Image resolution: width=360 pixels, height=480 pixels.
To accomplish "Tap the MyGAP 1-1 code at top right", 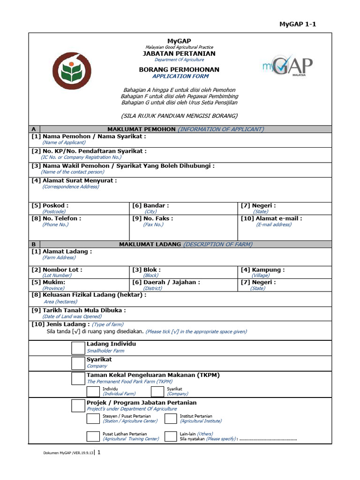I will pos(298,24).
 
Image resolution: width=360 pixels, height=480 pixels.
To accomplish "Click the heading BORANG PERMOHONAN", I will pos(179,69).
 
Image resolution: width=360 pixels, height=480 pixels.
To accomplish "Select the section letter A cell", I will pos(34,129).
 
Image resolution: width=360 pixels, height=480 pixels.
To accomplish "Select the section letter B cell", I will pos(34,244).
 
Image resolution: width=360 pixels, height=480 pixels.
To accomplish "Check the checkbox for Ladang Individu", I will pos(78,348).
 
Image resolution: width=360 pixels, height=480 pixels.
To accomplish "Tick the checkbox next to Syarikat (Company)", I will pos(78,363).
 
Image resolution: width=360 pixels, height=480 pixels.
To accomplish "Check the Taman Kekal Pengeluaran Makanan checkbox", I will pos(78,379).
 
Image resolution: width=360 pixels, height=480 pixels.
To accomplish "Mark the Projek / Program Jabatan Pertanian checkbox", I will pos(78,405).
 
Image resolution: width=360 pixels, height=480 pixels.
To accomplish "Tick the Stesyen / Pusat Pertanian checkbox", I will pos(93,418).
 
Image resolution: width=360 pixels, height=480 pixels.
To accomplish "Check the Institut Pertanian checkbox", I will pos(171,418).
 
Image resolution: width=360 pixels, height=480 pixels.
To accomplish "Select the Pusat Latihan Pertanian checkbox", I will pos(93,436).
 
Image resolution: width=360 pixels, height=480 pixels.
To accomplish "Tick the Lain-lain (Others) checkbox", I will pos(171,436).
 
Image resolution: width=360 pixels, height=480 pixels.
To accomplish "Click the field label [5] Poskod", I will pos(50,205).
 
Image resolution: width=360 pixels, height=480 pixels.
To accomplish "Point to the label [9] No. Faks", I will pos(152,218).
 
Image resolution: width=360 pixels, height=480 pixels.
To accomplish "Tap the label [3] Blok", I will pos(146,270).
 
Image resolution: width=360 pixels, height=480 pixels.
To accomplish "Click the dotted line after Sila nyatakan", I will pos(268,439).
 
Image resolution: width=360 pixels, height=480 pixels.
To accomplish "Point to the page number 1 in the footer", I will pos(98,453).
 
